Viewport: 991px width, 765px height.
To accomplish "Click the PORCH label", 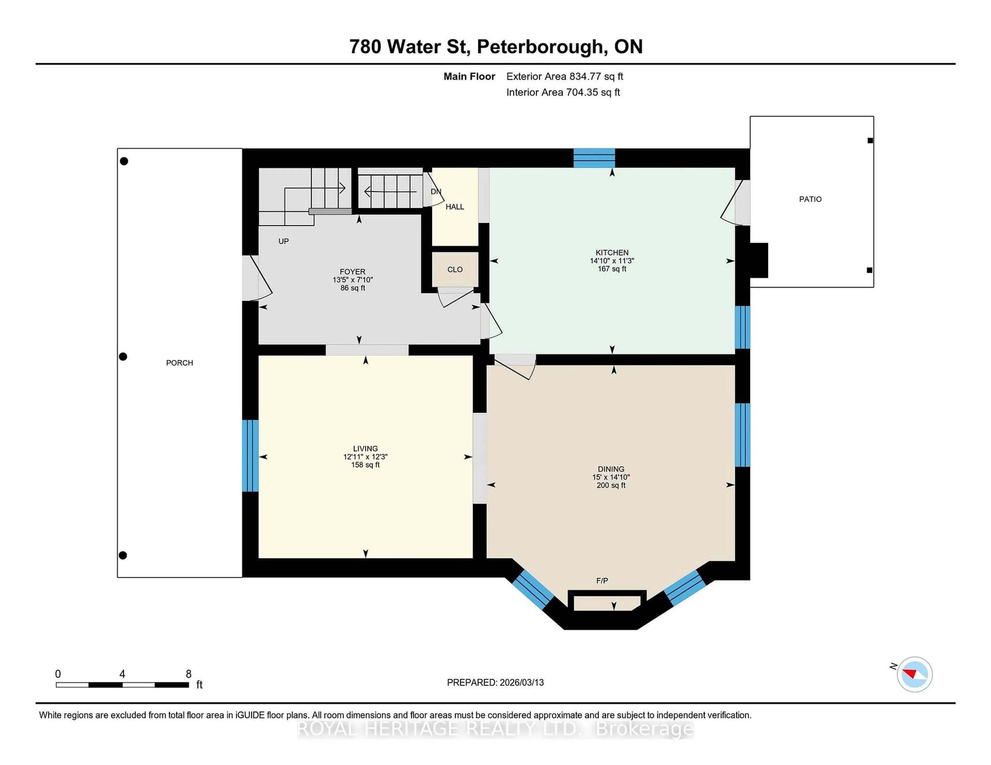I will [179, 363].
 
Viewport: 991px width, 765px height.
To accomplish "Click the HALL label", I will [455, 207].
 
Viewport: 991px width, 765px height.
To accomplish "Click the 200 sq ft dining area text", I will [611, 485].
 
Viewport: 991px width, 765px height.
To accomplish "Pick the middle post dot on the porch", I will [123, 357].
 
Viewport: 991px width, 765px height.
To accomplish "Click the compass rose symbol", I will [914, 674].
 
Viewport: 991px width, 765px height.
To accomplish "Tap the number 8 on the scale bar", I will [188, 674].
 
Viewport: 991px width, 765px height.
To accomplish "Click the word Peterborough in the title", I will [540, 47].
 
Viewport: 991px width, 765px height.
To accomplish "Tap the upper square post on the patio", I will [870, 141].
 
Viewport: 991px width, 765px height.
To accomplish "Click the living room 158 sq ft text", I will [365, 465].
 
